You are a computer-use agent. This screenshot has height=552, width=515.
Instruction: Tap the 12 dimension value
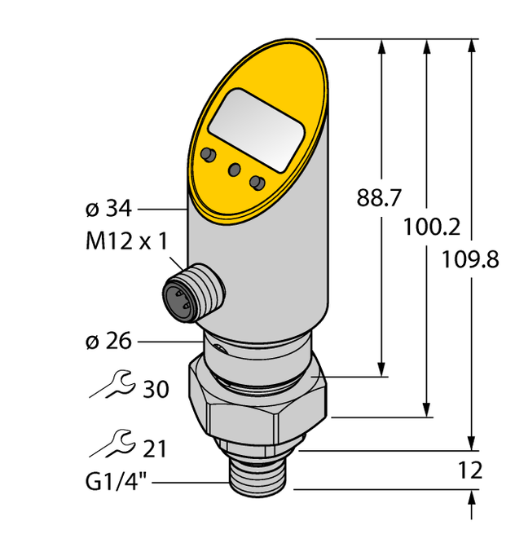[470, 470]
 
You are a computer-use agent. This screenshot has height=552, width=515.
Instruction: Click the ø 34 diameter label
[108, 210]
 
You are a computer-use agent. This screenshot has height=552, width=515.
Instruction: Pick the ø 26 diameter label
[108, 341]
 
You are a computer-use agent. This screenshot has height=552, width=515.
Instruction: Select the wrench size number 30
[155, 390]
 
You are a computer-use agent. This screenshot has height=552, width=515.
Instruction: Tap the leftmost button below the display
[209, 155]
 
